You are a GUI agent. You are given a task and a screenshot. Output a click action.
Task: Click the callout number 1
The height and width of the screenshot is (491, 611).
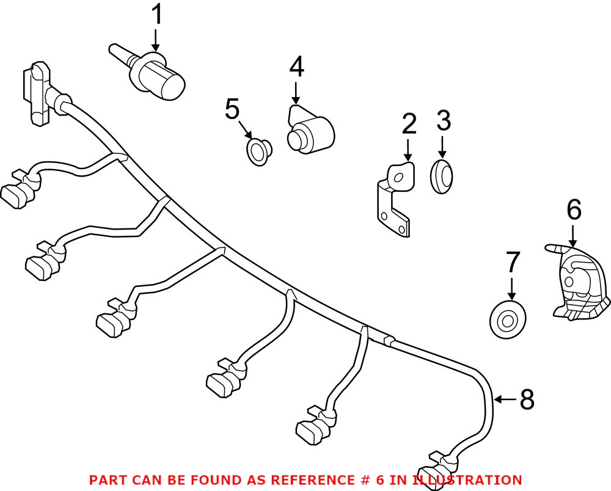click(157, 15)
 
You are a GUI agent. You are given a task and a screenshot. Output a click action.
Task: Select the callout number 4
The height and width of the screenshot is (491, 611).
click(296, 67)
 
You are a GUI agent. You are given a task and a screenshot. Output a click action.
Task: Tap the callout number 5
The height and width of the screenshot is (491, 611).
click(232, 109)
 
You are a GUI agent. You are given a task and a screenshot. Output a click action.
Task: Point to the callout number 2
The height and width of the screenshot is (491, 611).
click(409, 124)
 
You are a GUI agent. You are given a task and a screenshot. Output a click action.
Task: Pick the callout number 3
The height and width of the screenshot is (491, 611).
click(444, 121)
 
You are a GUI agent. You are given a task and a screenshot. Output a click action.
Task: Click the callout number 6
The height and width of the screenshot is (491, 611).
click(574, 210)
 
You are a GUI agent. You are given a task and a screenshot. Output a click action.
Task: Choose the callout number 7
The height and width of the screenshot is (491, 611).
click(512, 262)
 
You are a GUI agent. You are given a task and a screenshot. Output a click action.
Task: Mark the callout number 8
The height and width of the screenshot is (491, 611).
click(526, 400)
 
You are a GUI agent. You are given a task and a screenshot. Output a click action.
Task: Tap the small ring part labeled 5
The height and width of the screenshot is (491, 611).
click(259, 150)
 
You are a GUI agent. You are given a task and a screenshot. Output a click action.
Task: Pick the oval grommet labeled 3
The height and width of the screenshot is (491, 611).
click(442, 176)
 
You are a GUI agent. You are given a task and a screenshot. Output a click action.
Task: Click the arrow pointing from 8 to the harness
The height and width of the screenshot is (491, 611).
click(504, 400)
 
